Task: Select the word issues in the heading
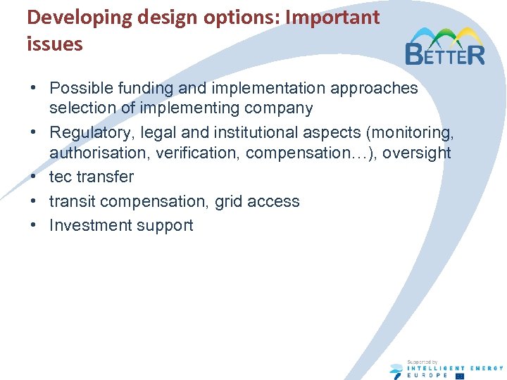(55, 44)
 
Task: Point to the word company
(279, 108)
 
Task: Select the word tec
(61, 177)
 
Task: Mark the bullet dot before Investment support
(34, 226)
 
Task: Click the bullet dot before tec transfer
(34, 177)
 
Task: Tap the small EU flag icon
(460, 376)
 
